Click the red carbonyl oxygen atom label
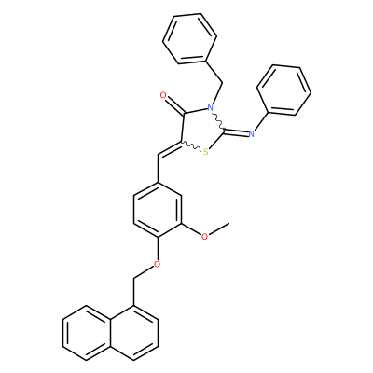click(164, 95)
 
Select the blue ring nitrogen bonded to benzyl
click(211, 108)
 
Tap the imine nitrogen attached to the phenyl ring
click(251, 134)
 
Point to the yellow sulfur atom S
click(205, 152)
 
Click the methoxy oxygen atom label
click(204, 236)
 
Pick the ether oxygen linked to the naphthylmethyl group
click(158, 264)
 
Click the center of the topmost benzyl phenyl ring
click(189, 39)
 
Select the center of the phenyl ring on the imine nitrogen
click(283, 90)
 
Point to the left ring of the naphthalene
click(87, 333)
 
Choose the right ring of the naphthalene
click(134, 333)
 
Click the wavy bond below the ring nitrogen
click(218, 120)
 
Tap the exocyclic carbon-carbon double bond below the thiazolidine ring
click(170, 149)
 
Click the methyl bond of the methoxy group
click(219, 228)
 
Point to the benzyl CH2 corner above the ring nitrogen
click(223, 83)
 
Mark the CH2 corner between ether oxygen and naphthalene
click(134, 278)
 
